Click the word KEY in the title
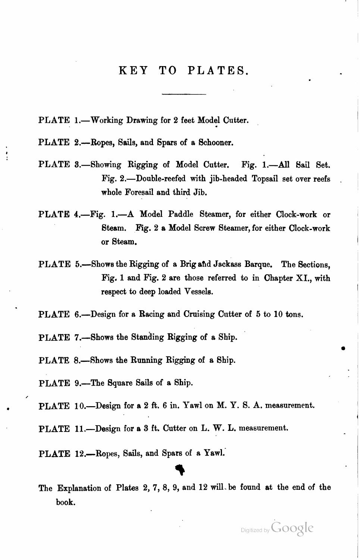133,70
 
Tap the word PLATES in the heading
218,70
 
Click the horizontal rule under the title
184,94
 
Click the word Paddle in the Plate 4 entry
181,214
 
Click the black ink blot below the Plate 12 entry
180,470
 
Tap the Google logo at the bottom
292,528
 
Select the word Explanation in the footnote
84,488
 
